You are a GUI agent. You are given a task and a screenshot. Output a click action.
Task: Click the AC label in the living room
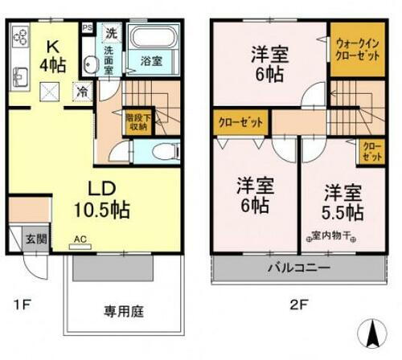click(80, 239)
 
